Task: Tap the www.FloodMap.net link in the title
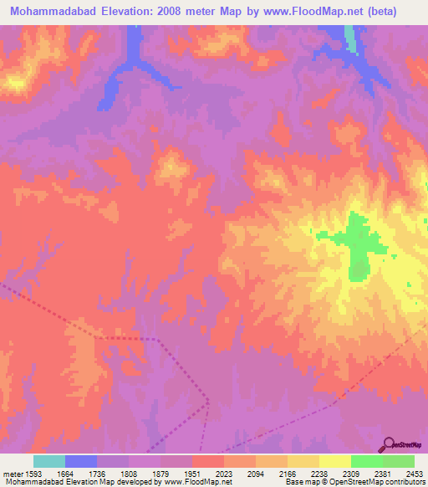click(305, 11)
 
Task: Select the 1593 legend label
click(34, 473)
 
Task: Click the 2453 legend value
click(415, 473)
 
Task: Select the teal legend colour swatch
click(49, 461)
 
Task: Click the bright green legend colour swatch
click(366, 461)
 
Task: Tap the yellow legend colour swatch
click(303, 461)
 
